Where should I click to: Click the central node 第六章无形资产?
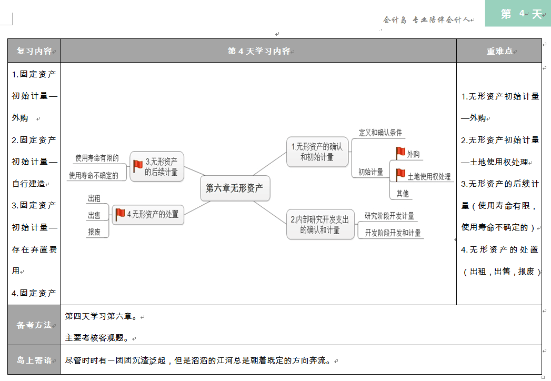[x=235, y=188]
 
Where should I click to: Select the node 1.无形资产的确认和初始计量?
[x=317, y=152]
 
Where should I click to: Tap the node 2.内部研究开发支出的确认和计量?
[x=320, y=225]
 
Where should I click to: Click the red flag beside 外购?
[x=400, y=153]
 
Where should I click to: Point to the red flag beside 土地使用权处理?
[x=400, y=175]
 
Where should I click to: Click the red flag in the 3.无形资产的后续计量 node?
[x=138, y=166]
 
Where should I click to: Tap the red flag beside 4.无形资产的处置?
[x=120, y=214]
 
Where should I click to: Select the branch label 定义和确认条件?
[x=380, y=133]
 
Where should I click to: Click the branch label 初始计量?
[x=370, y=172]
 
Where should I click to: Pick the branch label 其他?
[x=403, y=194]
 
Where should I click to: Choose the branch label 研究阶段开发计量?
[x=389, y=216]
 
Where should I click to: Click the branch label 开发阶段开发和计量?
[x=393, y=233]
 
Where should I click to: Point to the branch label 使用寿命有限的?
[x=97, y=157]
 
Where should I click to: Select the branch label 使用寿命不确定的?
[x=94, y=175]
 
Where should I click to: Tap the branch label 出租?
[x=94, y=198]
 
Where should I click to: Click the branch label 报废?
[x=94, y=232]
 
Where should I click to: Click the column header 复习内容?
[x=34, y=51]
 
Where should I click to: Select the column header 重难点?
[x=499, y=51]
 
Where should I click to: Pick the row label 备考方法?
[x=34, y=325]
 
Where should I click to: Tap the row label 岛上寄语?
[x=34, y=360]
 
